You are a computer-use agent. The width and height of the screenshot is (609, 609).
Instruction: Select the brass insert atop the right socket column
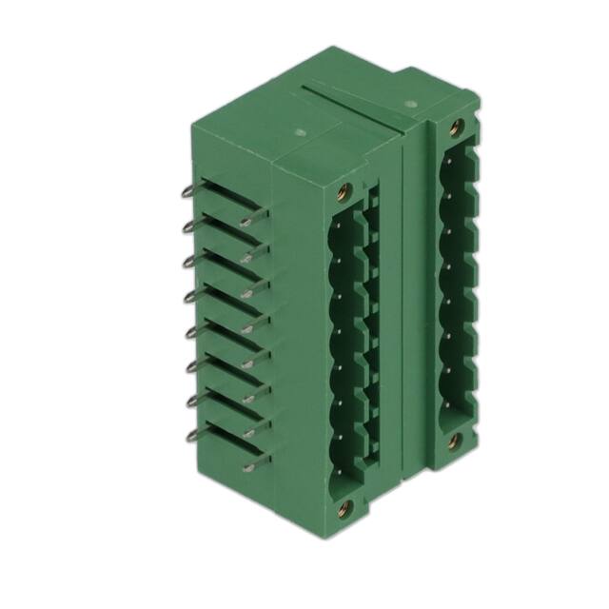pos(455,125)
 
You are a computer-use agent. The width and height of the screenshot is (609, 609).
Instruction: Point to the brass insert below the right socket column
pos(455,440)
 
